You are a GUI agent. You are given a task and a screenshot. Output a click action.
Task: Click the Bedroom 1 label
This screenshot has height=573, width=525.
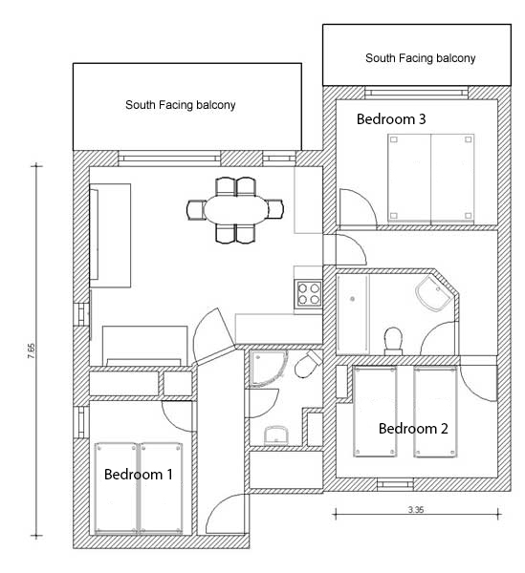(x=138, y=475)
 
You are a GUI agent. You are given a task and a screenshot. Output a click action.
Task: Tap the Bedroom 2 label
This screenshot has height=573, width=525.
(x=413, y=429)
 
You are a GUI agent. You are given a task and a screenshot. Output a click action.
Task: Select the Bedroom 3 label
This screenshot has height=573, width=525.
(x=391, y=119)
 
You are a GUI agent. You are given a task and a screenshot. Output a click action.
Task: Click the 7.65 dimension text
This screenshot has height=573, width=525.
(x=32, y=350)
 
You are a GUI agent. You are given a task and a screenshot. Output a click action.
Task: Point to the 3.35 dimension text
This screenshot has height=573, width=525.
(x=416, y=509)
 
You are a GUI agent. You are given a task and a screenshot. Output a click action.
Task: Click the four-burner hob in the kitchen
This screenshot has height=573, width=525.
(x=309, y=294)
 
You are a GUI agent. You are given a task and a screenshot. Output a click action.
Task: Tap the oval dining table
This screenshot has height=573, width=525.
(x=236, y=210)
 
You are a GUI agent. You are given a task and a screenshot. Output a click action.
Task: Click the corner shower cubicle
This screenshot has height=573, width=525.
(x=268, y=369)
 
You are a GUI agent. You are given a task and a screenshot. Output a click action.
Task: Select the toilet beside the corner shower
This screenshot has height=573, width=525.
(x=308, y=364)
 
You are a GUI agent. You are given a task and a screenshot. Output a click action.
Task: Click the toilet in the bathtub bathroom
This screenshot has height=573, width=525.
(x=393, y=342)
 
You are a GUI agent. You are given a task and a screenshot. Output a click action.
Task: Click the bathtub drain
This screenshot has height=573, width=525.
(x=352, y=299)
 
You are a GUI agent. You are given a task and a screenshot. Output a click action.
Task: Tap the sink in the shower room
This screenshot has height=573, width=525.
(x=276, y=435)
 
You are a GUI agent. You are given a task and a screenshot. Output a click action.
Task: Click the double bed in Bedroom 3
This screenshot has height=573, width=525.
(x=431, y=179)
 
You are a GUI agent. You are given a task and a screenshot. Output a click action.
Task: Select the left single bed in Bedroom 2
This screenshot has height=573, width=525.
(x=375, y=412)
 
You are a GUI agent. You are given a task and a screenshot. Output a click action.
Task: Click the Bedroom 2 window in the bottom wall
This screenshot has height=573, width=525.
(x=395, y=484)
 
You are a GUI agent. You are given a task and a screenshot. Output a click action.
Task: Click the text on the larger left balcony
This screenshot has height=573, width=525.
(x=181, y=105)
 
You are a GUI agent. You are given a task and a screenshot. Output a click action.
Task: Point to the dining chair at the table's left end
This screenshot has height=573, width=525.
(x=196, y=210)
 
